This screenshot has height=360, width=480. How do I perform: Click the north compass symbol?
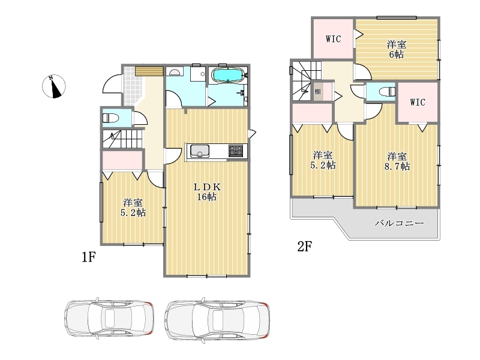pos(53,86)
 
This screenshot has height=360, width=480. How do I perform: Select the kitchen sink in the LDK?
pos(200,151)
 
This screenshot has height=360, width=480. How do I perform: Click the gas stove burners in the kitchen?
pos(236,151)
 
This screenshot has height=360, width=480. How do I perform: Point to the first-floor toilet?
pos(110,118)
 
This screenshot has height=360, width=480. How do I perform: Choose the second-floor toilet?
pos(387,92)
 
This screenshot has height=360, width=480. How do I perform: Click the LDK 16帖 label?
pos(207,191)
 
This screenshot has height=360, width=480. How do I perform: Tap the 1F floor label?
pos(89,257)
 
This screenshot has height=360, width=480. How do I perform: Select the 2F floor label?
pos(305,246)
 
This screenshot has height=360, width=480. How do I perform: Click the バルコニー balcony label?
pos(400,223)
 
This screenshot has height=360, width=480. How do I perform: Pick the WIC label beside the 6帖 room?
pos(333,39)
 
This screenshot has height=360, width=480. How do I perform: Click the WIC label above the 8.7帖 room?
pos(418,102)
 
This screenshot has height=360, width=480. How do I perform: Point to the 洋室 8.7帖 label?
pos(397,161)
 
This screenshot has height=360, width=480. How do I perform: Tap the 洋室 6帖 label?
pos(397,49)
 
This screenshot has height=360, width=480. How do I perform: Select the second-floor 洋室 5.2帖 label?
pos(323,160)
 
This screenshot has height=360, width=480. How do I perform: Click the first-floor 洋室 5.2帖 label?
pos(133,208)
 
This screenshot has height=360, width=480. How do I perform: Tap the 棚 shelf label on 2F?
pos(317,92)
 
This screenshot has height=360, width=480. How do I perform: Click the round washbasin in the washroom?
pos(175,72)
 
